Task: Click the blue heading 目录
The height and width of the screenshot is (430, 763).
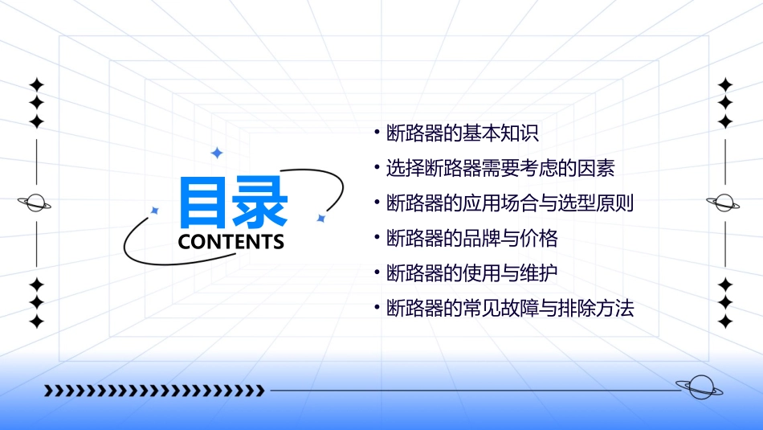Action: click(x=233, y=203)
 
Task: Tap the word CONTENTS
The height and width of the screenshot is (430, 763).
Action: click(x=231, y=242)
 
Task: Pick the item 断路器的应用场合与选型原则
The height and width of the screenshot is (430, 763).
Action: click(x=510, y=203)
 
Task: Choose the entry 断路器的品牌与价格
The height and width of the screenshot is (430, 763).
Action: click(x=471, y=238)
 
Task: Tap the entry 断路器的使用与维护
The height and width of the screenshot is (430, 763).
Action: click(x=471, y=273)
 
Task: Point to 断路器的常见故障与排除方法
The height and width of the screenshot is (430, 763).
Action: click(x=510, y=308)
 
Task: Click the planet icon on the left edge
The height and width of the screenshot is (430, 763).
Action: click(x=35, y=203)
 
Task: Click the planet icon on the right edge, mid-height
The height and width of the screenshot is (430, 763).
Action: click(x=724, y=203)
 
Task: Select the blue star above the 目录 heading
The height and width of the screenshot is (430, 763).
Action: click(x=216, y=153)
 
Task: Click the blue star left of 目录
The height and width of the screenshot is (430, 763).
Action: click(x=155, y=211)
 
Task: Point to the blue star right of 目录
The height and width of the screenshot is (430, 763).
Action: click(x=320, y=218)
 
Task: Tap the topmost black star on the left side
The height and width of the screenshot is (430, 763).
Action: click(x=36, y=84)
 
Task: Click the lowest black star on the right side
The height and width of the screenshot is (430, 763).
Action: click(x=725, y=321)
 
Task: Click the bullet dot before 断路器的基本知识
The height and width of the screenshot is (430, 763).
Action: click(x=376, y=131)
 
